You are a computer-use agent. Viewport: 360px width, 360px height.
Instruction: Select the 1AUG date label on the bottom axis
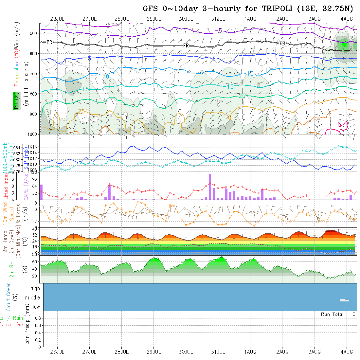(250, 352)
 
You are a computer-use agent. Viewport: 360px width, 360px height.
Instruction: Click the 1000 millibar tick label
(33, 134)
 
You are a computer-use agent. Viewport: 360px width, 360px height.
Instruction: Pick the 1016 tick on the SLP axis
(35, 148)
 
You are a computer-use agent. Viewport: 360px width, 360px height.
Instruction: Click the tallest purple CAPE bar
(210, 187)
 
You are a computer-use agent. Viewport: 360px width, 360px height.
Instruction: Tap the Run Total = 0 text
(338, 314)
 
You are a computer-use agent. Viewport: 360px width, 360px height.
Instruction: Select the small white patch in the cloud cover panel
(344, 300)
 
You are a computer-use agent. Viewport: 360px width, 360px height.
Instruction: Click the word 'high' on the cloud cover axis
(35, 288)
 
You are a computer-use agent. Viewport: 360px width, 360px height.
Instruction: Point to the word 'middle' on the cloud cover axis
(32, 297)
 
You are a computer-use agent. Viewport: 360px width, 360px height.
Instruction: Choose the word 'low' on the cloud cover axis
(36, 307)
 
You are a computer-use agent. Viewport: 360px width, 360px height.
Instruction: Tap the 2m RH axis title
(11, 269)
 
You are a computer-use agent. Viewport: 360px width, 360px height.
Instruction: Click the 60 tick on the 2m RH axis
(34, 261)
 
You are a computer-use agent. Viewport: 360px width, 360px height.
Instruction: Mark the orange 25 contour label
(81, 112)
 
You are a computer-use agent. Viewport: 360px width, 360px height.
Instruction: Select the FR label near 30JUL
(186, 45)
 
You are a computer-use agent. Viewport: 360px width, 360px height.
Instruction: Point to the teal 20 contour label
(243, 96)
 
